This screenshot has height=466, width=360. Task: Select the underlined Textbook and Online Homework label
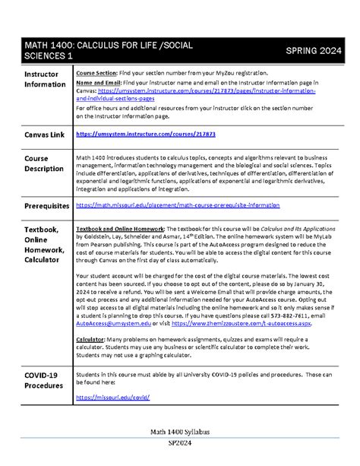(120, 229)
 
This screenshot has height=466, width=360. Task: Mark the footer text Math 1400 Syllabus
(179, 430)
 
